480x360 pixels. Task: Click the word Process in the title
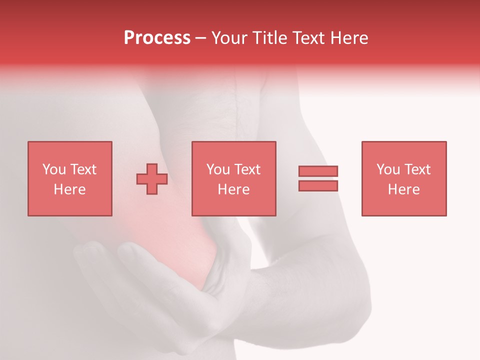(x=157, y=38)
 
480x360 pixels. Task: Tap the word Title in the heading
(x=270, y=38)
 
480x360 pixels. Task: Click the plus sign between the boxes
(x=152, y=179)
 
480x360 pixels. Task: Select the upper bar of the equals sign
(x=318, y=171)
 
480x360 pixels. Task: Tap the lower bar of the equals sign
(x=318, y=186)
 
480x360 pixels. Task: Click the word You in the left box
(x=54, y=169)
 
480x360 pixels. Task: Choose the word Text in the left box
(x=83, y=169)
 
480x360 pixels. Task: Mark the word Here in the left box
(x=69, y=189)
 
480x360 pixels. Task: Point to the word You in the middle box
(x=218, y=169)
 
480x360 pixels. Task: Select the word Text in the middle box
(x=247, y=169)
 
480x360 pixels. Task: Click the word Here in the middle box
(x=233, y=189)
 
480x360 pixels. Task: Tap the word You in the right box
(x=388, y=169)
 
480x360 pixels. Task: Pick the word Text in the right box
(x=417, y=169)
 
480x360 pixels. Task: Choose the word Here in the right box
(x=403, y=189)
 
